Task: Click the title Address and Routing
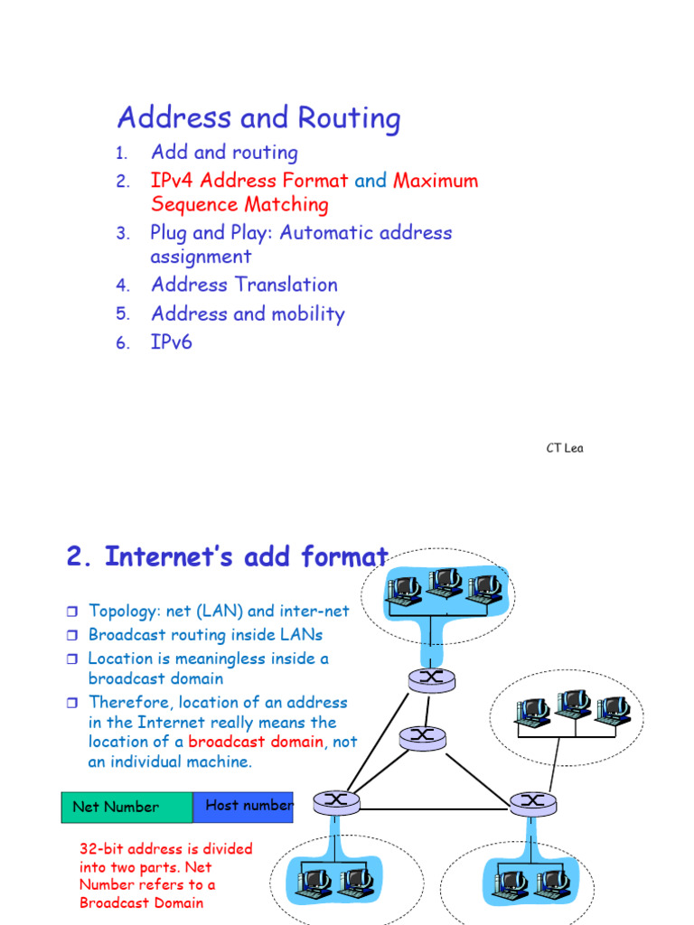point(258,118)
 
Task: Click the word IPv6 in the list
point(172,343)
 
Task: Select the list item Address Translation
point(244,285)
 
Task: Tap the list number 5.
point(123,314)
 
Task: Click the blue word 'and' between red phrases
point(370,181)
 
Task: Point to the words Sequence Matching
point(239,205)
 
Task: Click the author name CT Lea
point(565,448)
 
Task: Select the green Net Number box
point(127,807)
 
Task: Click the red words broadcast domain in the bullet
point(256,742)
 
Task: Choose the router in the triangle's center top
point(422,736)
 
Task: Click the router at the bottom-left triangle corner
point(336,800)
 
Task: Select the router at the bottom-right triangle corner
point(533,801)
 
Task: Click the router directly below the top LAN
point(431,679)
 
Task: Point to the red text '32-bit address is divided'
point(166,849)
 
